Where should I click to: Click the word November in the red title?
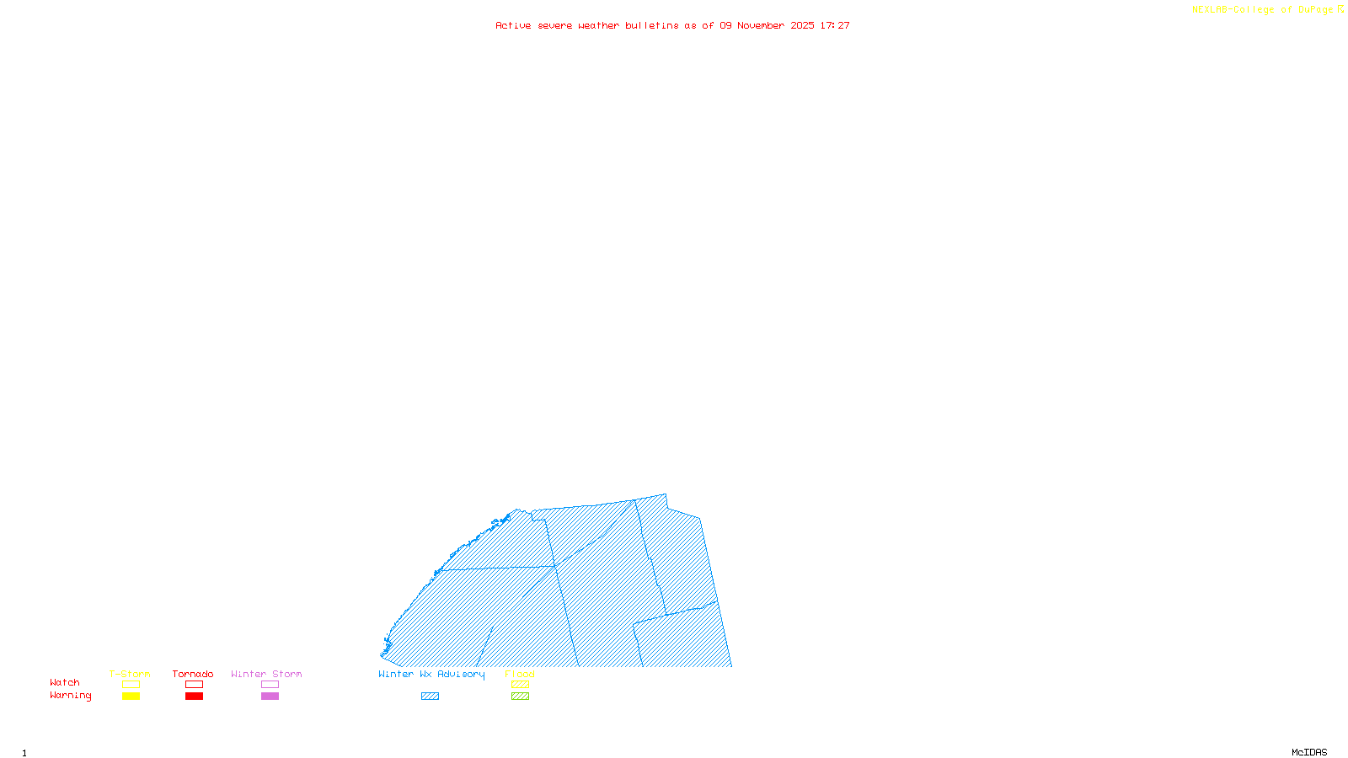(x=761, y=25)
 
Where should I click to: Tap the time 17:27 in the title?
(x=835, y=25)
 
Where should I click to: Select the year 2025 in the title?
(x=802, y=25)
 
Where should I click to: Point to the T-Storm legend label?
(x=130, y=674)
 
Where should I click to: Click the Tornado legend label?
(x=193, y=674)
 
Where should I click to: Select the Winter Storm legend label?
(x=266, y=674)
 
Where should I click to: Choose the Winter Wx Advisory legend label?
(x=431, y=674)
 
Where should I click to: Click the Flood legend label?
(x=520, y=674)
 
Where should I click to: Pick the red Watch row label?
(x=65, y=682)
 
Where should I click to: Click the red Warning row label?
(x=71, y=696)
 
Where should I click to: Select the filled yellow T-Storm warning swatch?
(x=131, y=697)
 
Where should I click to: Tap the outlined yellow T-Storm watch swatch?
(x=131, y=685)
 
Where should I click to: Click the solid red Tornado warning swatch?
(x=194, y=697)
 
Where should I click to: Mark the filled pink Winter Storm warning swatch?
(x=270, y=697)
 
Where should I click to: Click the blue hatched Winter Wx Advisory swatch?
(x=430, y=697)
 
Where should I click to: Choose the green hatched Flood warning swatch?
(x=520, y=697)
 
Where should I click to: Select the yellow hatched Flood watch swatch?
(x=520, y=685)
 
